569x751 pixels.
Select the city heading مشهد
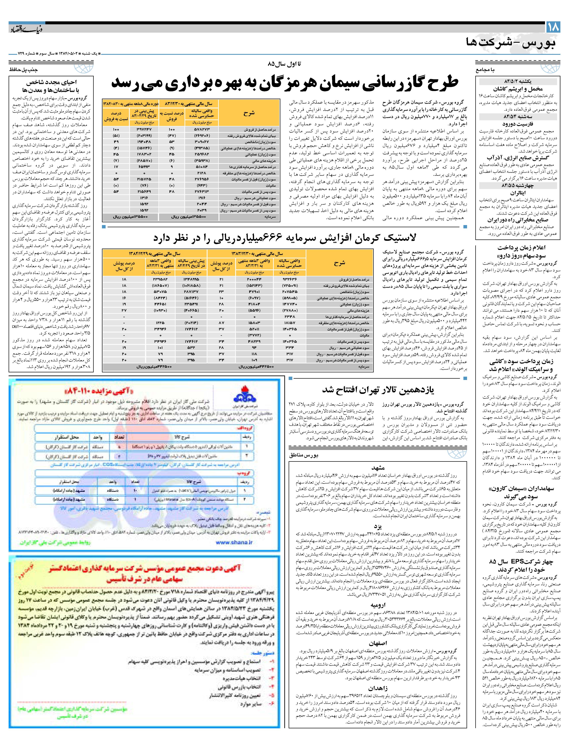[378, 468]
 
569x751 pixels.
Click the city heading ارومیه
[378, 605]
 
